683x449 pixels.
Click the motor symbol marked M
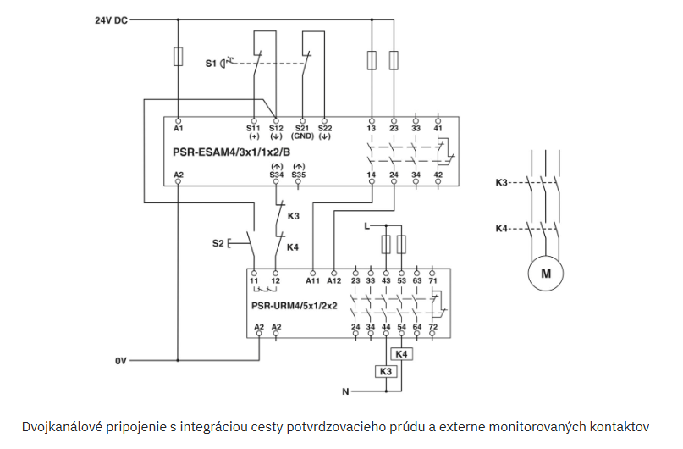click(545, 273)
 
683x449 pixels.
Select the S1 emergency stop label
click(211, 63)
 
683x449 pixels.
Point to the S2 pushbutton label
click(218, 243)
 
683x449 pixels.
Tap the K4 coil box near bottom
click(402, 353)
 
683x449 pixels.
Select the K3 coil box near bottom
click(386, 371)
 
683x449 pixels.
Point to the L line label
click(365, 227)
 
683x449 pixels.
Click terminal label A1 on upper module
click(178, 129)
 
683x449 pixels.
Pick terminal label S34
click(275, 174)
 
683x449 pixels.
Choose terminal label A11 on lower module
click(312, 280)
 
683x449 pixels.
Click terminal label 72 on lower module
click(434, 326)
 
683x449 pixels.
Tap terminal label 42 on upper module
click(438, 174)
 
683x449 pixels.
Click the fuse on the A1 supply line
click(178, 57)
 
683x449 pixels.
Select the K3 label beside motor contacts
click(502, 182)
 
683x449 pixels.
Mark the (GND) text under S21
click(302, 136)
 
